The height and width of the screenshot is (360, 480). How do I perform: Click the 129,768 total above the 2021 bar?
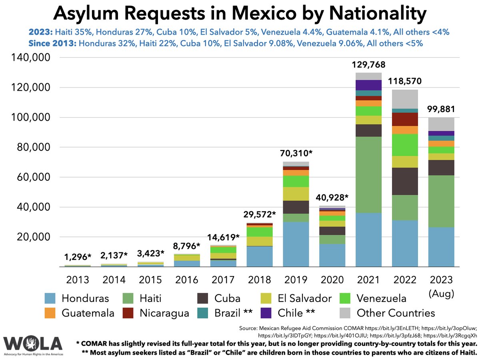(x=368, y=64)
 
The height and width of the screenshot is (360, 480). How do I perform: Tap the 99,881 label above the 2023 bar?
(x=441, y=109)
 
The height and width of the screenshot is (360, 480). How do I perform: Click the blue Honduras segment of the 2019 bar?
(x=296, y=244)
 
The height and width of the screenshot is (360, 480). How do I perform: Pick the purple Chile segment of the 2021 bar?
(x=368, y=85)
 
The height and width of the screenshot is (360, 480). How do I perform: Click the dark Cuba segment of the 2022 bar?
(x=405, y=181)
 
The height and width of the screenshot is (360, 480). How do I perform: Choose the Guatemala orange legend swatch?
(x=50, y=313)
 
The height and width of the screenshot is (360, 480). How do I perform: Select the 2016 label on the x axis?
(x=186, y=279)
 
